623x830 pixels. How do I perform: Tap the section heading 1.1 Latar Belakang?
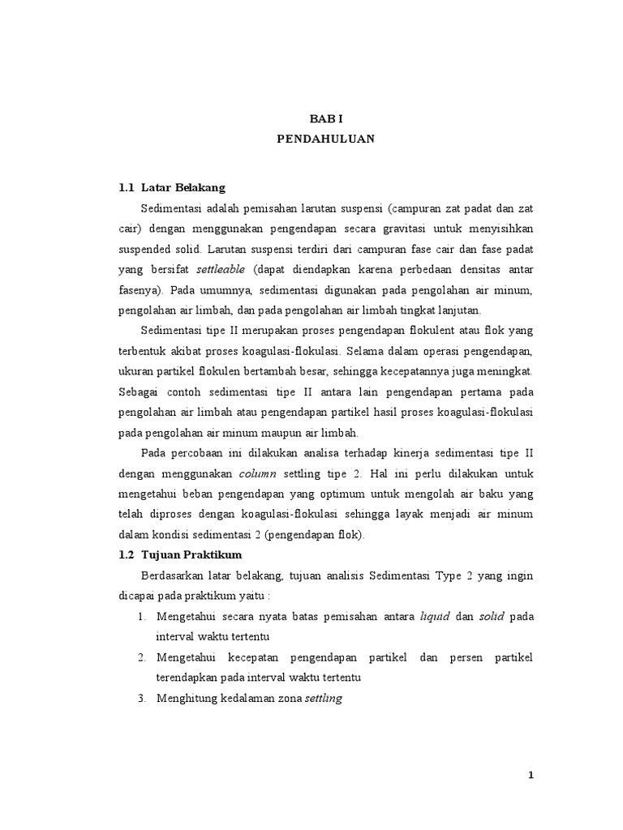click(x=172, y=187)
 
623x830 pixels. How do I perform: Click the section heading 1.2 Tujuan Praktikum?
click(x=179, y=554)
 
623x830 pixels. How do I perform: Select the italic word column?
click(x=260, y=473)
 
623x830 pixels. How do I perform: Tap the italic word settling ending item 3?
click(x=324, y=698)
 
